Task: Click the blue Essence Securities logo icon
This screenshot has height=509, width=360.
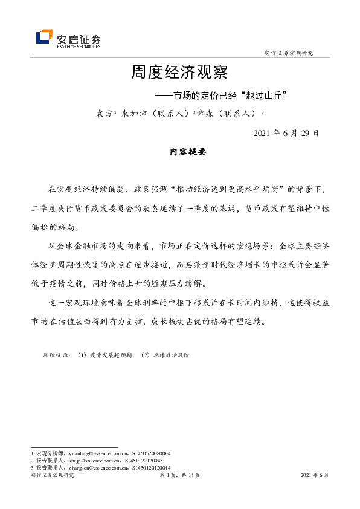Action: coord(43,37)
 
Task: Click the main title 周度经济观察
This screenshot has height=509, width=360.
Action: coord(179,73)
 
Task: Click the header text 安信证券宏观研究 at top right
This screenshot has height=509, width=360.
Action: coord(289,53)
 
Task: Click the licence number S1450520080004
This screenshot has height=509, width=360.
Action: coord(150,453)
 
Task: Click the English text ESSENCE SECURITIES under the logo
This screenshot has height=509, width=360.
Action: coord(79,45)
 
